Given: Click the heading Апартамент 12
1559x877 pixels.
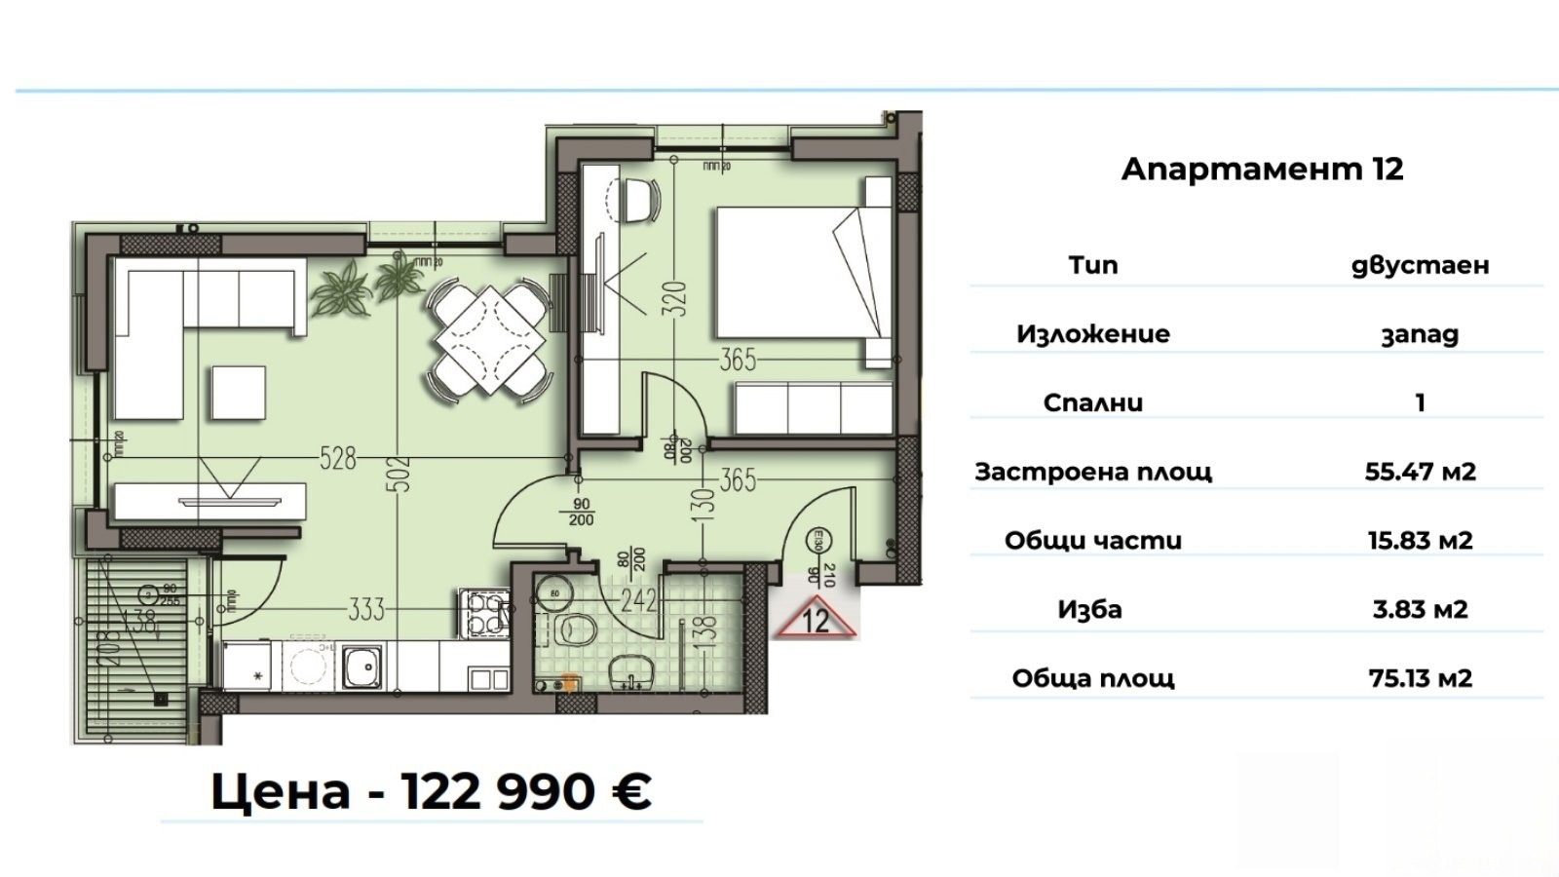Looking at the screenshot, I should coord(1262,170).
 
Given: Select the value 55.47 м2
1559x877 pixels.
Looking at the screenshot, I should coord(1420,472).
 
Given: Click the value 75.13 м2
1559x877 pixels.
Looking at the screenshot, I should coord(1420,678).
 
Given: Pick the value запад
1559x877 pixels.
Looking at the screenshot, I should coord(1420,334).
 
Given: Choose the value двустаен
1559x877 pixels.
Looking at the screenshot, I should coord(1420,265).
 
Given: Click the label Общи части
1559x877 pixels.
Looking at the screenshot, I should coord(1092,541).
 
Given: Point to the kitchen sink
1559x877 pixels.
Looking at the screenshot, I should coord(362,667).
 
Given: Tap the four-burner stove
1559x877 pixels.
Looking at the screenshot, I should coord(482,612).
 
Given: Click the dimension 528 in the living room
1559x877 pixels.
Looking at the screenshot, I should coord(338,456).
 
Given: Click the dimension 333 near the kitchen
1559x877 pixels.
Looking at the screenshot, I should coord(366,610).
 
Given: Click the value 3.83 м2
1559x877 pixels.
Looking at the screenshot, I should coord(1420,610).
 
